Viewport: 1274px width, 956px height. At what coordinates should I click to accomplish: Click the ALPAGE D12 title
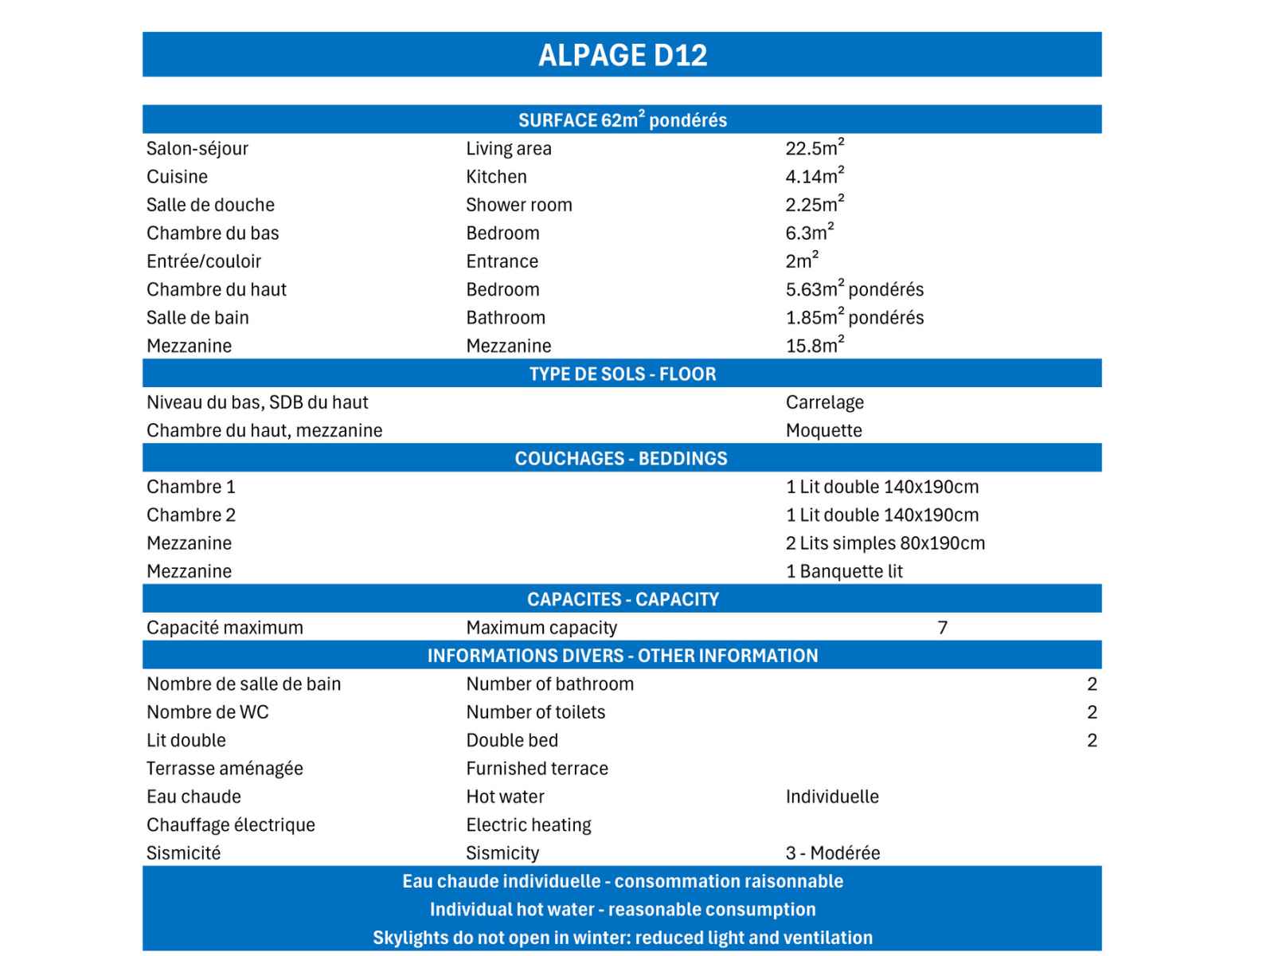click(x=622, y=55)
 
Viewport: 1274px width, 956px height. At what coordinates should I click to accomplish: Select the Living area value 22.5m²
click(x=814, y=148)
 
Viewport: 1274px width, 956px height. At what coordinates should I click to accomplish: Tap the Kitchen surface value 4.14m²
click(x=814, y=176)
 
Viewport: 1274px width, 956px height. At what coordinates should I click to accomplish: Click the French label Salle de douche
click(x=210, y=205)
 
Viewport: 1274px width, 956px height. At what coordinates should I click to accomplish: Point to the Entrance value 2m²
click(x=801, y=261)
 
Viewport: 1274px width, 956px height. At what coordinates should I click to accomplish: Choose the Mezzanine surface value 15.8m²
click(x=814, y=346)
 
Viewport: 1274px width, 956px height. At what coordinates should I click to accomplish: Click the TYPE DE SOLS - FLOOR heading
click(x=622, y=374)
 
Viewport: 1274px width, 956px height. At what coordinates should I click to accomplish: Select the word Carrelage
click(x=824, y=402)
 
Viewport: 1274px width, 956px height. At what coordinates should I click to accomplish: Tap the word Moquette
click(x=823, y=430)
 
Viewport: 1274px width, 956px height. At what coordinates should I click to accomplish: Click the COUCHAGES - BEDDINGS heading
click(x=621, y=458)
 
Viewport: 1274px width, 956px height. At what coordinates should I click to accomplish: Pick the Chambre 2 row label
click(x=191, y=515)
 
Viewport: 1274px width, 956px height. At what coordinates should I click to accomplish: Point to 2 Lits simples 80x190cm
click(x=885, y=543)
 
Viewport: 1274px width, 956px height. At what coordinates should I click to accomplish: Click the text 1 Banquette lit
click(x=844, y=571)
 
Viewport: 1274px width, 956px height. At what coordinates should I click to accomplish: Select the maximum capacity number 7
click(x=942, y=628)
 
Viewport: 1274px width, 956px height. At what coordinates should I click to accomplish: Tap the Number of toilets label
click(x=535, y=712)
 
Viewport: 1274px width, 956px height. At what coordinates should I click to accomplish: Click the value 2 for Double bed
click(x=1092, y=740)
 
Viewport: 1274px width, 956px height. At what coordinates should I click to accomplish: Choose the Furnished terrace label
click(x=537, y=769)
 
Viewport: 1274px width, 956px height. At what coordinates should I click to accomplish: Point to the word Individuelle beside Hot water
click(x=832, y=797)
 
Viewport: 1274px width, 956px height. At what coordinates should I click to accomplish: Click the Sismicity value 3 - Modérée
click(x=832, y=853)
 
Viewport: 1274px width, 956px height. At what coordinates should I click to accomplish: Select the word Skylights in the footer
click(x=411, y=938)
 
